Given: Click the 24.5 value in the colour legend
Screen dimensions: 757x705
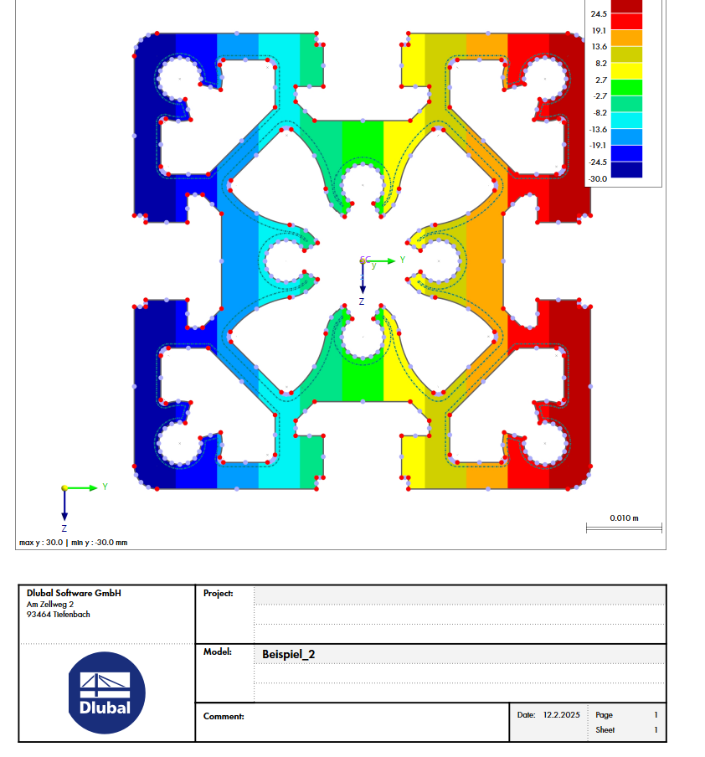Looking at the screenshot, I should click(x=599, y=14).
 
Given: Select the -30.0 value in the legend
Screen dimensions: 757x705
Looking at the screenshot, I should click(x=599, y=178).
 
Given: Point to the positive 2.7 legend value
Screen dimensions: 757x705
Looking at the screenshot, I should click(x=600, y=80).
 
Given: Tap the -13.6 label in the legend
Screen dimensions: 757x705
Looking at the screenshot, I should click(x=599, y=129).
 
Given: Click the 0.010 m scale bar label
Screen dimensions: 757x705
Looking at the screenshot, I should click(x=624, y=518).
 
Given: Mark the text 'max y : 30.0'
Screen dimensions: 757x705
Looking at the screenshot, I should click(x=39, y=543).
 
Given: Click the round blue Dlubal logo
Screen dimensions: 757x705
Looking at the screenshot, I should click(x=105, y=693).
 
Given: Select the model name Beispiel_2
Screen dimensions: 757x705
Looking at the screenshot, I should click(x=289, y=654).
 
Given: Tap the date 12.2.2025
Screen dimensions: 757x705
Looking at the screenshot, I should click(x=561, y=715).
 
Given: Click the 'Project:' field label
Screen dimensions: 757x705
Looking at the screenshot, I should click(x=219, y=593).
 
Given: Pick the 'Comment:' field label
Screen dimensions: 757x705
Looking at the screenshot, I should click(x=224, y=716).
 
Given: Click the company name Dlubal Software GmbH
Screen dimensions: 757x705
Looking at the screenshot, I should click(x=74, y=593).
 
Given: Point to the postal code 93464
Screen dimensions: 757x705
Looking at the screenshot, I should click(x=39, y=614).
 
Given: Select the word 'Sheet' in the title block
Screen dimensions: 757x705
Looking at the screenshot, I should click(x=605, y=730).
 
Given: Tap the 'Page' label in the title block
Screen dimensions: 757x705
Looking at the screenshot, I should click(x=604, y=715).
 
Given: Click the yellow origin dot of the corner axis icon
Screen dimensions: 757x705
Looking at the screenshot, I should click(x=64, y=487).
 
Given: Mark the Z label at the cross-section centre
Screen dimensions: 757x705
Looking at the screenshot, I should click(x=362, y=300).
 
